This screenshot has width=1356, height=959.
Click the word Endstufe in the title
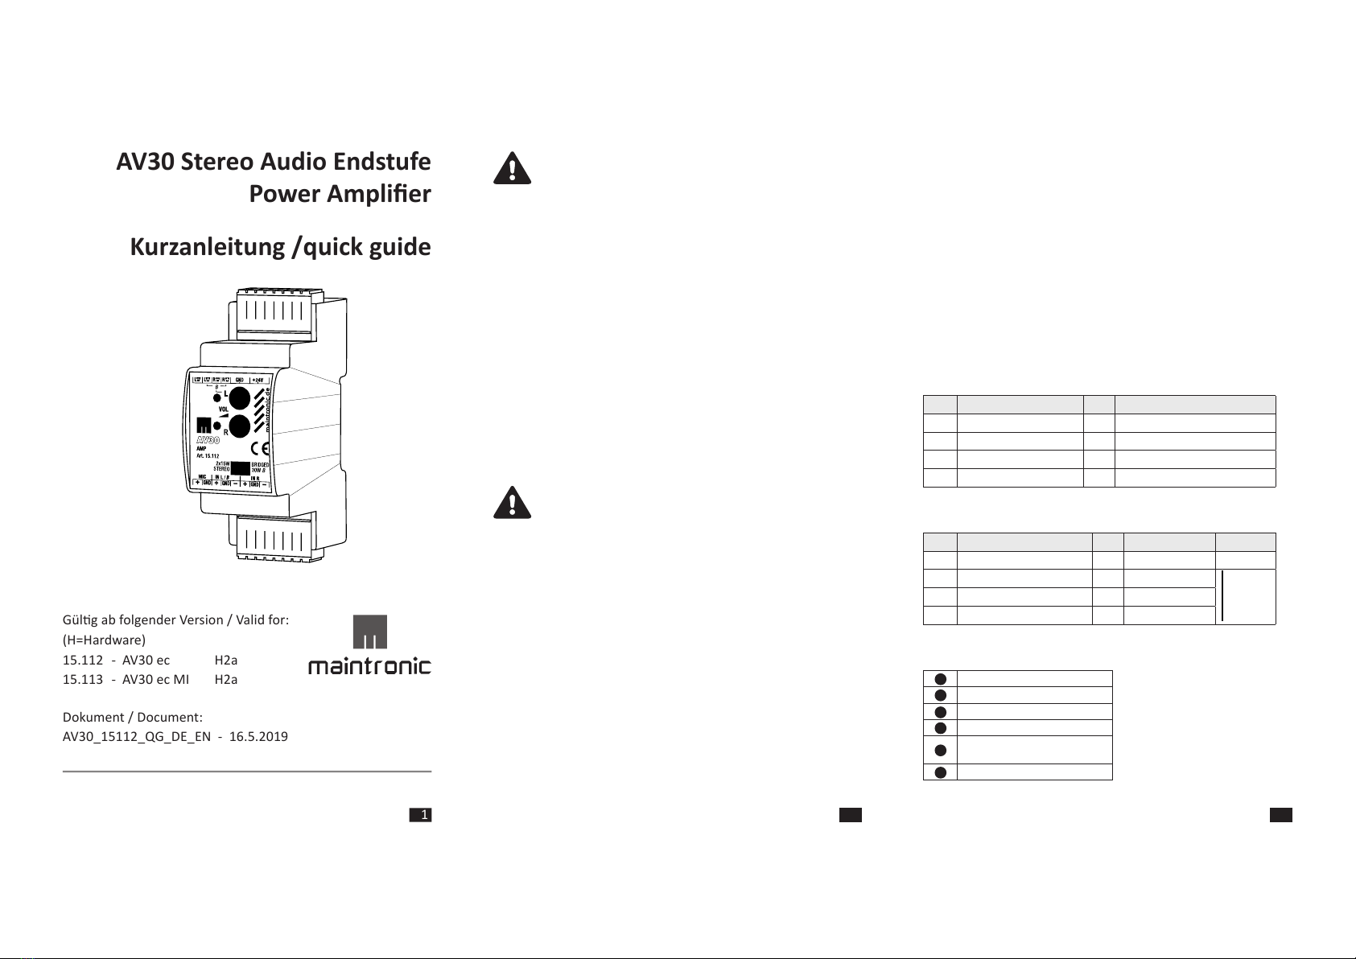click(x=382, y=162)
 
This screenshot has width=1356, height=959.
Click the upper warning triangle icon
click(x=511, y=168)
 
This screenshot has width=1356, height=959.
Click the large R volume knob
click(x=240, y=426)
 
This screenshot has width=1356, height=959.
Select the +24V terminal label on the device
click(x=258, y=380)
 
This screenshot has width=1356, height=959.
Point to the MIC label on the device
click(x=203, y=476)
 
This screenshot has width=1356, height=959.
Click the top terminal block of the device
click(x=274, y=310)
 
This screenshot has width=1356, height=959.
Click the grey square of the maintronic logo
click(x=370, y=632)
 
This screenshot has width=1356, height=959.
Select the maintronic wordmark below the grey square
click(x=369, y=666)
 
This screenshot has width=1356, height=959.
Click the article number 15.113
click(x=83, y=679)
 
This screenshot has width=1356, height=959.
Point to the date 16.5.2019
click(x=258, y=736)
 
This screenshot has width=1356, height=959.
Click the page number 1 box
click(x=421, y=816)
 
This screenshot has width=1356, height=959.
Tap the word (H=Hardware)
click(x=105, y=640)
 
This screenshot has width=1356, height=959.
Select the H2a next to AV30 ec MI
click(x=226, y=679)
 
